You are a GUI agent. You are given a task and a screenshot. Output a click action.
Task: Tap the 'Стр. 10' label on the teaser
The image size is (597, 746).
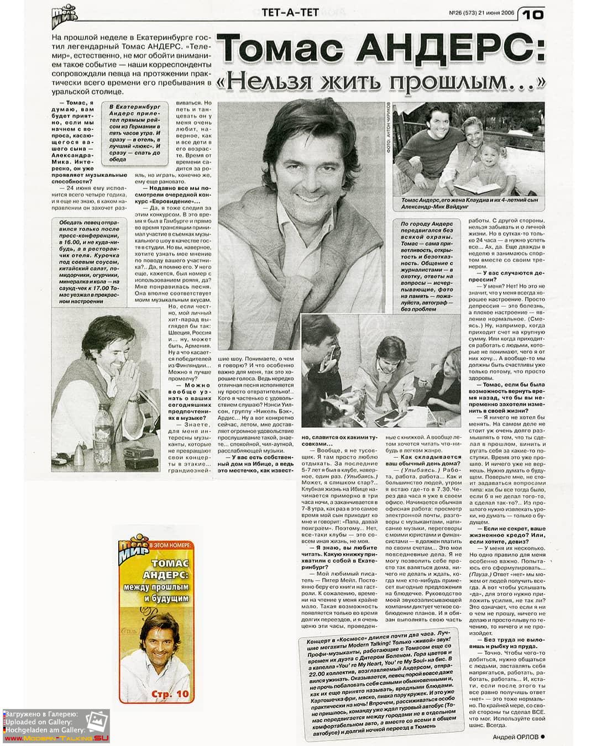(x=170, y=694)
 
